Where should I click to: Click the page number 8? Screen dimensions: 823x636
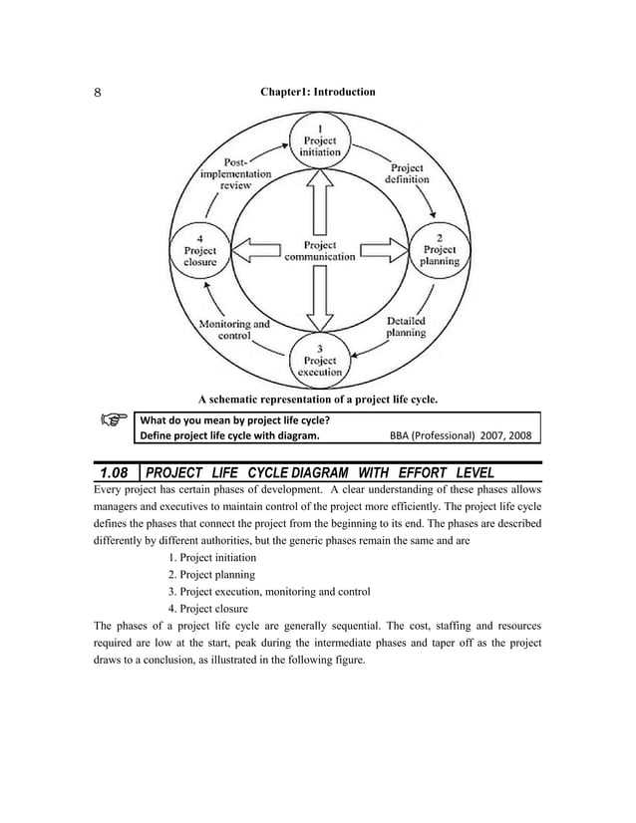point(97,93)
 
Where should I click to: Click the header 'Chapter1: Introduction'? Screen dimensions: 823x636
point(318,92)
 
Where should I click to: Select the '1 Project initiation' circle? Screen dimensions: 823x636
point(319,141)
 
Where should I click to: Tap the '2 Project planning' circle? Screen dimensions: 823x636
point(440,249)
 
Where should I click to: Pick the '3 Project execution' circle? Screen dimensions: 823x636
point(319,360)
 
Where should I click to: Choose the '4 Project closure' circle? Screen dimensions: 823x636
point(200,250)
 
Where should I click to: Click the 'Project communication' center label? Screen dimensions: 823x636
point(319,250)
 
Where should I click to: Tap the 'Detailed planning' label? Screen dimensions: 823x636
point(406,327)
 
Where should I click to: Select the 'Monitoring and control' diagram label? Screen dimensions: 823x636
point(235,330)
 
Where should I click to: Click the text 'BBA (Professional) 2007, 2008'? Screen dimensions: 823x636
point(465,435)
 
